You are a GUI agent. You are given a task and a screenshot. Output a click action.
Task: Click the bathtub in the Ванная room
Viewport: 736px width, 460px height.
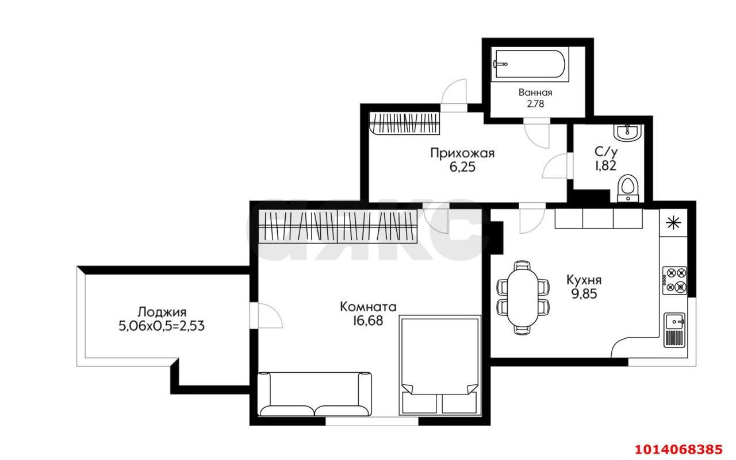pos(530,64)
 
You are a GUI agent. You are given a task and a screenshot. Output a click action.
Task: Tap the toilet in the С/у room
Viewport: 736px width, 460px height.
pos(628,188)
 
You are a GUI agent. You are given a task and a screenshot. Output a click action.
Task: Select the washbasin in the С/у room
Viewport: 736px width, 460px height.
pos(627,133)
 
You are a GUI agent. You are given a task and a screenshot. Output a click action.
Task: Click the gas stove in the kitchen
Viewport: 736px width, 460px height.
pos(674,280)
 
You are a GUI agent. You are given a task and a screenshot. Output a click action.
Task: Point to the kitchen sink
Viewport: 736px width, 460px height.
pos(674,330)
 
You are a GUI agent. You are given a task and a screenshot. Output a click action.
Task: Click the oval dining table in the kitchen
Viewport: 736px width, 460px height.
pos(523,298)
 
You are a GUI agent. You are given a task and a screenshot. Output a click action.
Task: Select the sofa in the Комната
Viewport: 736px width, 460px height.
pos(315,394)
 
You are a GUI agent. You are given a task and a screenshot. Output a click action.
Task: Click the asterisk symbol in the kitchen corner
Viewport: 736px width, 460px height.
pos(673,223)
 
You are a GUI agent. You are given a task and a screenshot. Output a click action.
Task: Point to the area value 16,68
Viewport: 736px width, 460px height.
pos(368,320)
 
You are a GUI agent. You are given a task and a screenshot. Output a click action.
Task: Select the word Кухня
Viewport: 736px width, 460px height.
pos(584,280)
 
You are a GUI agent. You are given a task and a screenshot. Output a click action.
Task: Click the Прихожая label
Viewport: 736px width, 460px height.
pos(462,153)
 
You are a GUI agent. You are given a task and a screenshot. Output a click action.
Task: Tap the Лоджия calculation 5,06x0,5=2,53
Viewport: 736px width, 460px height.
pos(162,326)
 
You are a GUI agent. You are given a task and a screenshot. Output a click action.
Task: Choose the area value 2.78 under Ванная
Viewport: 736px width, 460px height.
pos(535,104)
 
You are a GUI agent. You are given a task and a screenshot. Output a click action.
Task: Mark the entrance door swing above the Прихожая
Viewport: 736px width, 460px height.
pos(454,95)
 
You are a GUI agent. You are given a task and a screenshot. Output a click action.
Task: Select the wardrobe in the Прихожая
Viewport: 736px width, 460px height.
pos(404,123)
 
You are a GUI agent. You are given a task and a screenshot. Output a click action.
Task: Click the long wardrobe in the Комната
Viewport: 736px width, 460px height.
pos(338,226)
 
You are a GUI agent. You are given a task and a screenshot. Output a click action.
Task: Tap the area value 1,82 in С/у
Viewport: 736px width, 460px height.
pos(605,166)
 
